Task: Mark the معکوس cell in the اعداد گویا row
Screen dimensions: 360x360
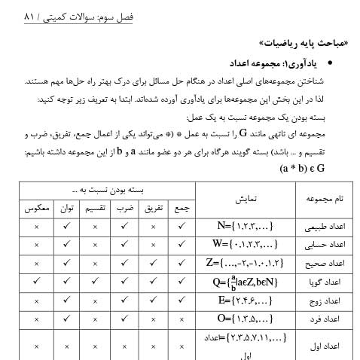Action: [x=36, y=282]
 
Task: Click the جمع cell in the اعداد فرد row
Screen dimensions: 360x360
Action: [x=181, y=319]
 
